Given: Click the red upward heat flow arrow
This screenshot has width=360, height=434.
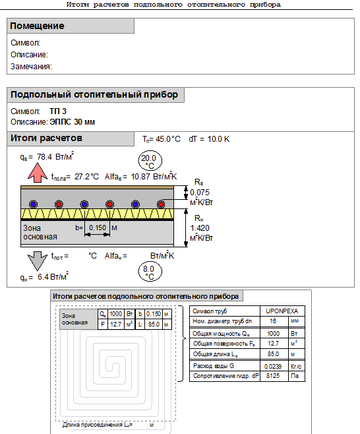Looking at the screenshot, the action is click(38, 173).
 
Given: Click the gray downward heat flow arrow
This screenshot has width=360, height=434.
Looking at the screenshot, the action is click(38, 261).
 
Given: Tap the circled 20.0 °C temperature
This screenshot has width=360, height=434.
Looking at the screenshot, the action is click(150, 161).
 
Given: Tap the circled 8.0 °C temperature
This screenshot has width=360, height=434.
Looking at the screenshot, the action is click(150, 272).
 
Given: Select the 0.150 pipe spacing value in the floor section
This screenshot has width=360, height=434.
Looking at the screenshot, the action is click(98, 228).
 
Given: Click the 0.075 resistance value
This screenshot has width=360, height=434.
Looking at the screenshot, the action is click(200, 193).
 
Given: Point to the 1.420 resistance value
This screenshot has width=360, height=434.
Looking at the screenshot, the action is click(200, 228).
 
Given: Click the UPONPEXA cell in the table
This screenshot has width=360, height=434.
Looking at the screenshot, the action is click(282, 311).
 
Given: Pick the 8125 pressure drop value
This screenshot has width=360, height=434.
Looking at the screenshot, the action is click(273, 375).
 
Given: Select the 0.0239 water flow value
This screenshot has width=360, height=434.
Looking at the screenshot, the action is click(273, 366).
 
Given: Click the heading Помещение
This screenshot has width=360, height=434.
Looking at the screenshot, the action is click(37, 26).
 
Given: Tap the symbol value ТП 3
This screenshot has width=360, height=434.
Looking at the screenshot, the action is click(58, 111).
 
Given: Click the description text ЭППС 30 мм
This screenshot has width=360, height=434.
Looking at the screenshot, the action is click(73, 122).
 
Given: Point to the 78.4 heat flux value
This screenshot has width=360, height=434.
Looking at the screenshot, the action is click(44, 157).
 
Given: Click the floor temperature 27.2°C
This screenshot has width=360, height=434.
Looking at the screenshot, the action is click(86, 177).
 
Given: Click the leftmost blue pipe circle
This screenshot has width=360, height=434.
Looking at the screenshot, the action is click(34, 204).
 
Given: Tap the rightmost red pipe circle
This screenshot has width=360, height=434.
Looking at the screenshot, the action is click(161, 204).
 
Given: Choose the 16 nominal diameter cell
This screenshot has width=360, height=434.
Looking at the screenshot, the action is click(273, 321).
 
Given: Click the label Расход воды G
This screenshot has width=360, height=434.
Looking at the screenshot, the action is click(214, 366).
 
